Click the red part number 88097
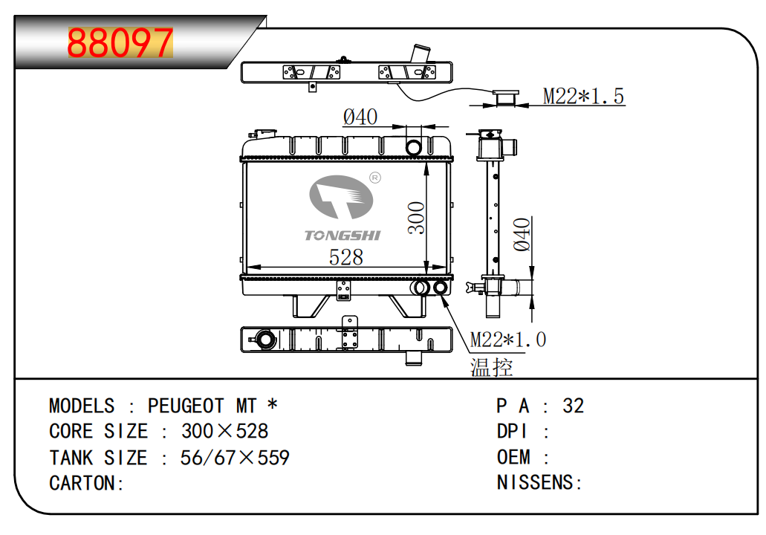pos(120,43)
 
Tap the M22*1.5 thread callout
pos(583,96)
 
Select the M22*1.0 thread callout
pos(508,340)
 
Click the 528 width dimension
pos(346,257)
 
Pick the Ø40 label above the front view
pos(360,117)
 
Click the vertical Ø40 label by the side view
pos(522,233)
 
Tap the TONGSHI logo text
pos(342,236)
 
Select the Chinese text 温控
pos(491,366)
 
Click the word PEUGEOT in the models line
pos(186,406)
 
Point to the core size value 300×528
pos(224,432)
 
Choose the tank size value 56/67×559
pos(235,458)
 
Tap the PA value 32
pos(573,406)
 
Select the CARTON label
pos(86,483)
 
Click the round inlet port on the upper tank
pos(415,147)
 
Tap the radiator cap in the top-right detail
pos(507,97)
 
